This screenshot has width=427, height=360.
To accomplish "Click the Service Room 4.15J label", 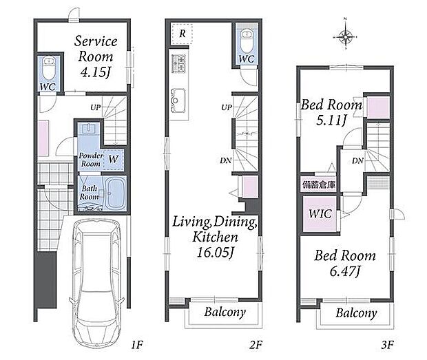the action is [96, 56].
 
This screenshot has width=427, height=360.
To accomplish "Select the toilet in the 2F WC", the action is [247, 41].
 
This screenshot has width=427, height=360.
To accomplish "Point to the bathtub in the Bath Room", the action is [116, 193].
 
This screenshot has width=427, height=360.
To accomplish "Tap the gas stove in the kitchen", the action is [178, 64].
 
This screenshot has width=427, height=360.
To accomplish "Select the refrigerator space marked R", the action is [183, 34].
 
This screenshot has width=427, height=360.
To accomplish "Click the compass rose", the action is [345, 36].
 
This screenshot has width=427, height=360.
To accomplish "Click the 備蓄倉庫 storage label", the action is [318, 184].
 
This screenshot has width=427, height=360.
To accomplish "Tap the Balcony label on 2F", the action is [225, 312].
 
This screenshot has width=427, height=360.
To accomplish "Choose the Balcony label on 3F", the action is [356, 313].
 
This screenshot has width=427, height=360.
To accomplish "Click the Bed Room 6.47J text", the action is [345, 263].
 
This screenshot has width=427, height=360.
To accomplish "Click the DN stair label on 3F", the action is [357, 161].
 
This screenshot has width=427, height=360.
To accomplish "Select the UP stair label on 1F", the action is [95, 108].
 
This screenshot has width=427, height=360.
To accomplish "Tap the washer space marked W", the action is [113, 159].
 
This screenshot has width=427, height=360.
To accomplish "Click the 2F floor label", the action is [256, 345].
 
